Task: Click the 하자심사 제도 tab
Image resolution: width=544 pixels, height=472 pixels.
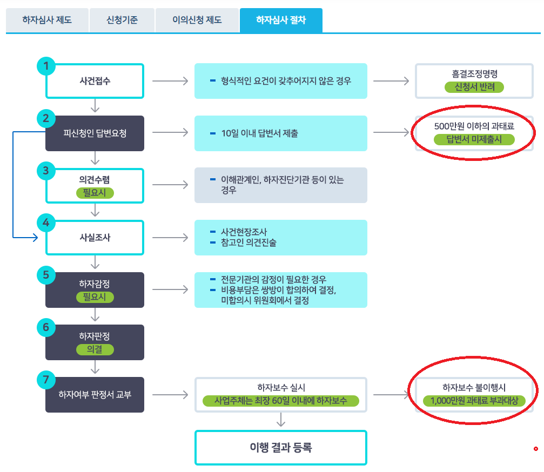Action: tap(47, 21)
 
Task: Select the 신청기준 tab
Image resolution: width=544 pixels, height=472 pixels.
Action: tap(122, 21)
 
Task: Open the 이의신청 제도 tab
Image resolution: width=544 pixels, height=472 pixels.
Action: tap(197, 21)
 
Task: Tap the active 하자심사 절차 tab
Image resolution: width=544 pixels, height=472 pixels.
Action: tap(281, 21)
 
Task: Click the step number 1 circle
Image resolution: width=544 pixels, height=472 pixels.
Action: tap(46, 66)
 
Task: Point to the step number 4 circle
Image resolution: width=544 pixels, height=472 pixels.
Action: tap(46, 222)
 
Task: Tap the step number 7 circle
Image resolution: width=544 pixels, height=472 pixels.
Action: tap(46, 380)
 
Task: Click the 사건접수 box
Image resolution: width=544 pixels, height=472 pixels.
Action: tap(95, 81)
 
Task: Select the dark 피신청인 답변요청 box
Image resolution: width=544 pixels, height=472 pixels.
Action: tap(95, 133)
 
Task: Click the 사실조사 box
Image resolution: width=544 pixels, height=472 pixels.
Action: tap(95, 237)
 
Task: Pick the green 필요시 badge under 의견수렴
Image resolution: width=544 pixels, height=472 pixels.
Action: tap(95, 192)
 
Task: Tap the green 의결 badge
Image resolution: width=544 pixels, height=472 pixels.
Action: tap(95, 349)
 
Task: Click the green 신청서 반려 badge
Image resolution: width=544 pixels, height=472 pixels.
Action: tap(475, 86)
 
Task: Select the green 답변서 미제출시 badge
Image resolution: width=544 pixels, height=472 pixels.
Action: tap(474, 139)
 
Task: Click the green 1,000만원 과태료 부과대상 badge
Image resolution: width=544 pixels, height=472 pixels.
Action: tap(474, 401)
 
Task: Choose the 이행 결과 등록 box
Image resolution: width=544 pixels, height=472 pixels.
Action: tap(280, 447)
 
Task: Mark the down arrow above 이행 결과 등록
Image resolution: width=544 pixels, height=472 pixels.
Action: tap(280, 420)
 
